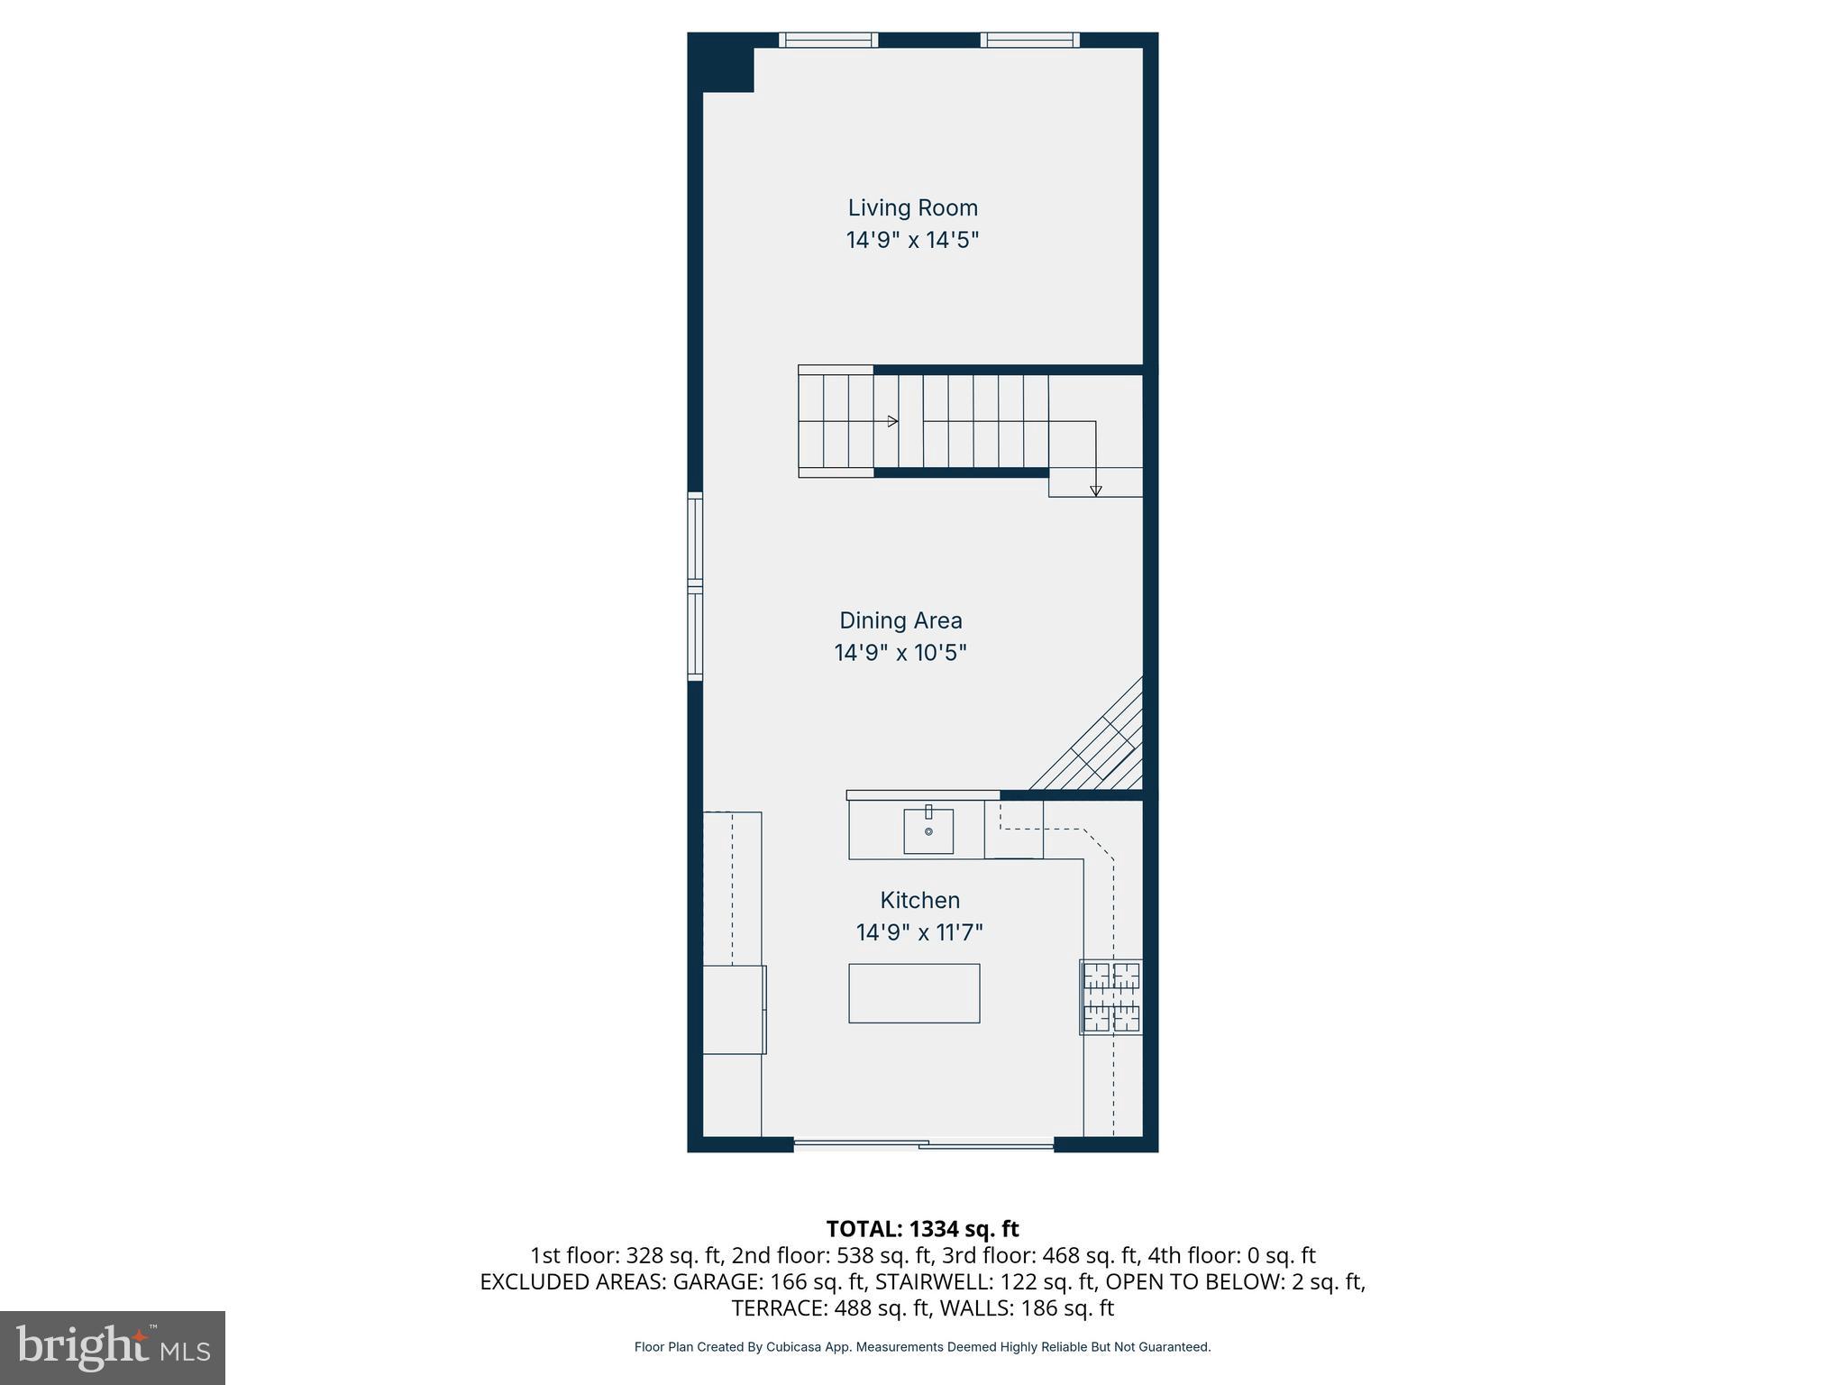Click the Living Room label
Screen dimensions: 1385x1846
click(x=912, y=207)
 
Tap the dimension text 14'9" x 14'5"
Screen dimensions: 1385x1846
click(x=912, y=240)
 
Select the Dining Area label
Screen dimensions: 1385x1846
click(x=900, y=620)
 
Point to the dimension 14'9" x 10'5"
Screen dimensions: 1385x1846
click(x=900, y=652)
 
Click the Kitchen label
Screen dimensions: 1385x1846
click(x=919, y=900)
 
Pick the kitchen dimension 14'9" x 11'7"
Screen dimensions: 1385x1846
click(x=919, y=931)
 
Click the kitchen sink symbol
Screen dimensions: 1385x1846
click(x=928, y=830)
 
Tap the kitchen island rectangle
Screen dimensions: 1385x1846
click(x=914, y=993)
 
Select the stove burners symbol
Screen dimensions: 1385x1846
click(x=1111, y=996)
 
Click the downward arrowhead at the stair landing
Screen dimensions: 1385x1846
click(x=1095, y=491)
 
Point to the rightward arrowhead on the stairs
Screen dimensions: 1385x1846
click(x=892, y=421)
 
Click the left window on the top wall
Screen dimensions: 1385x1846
click(x=827, y=40)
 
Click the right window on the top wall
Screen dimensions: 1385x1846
click(x=1029, y=40)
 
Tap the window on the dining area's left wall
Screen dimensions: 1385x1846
click(x=695, y=586)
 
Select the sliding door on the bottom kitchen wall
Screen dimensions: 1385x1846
click(x=923, y=1145)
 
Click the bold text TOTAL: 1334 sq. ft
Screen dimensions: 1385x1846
click(x=922, y=1229)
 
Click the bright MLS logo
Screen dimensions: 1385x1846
click(x=113, y=1347)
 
